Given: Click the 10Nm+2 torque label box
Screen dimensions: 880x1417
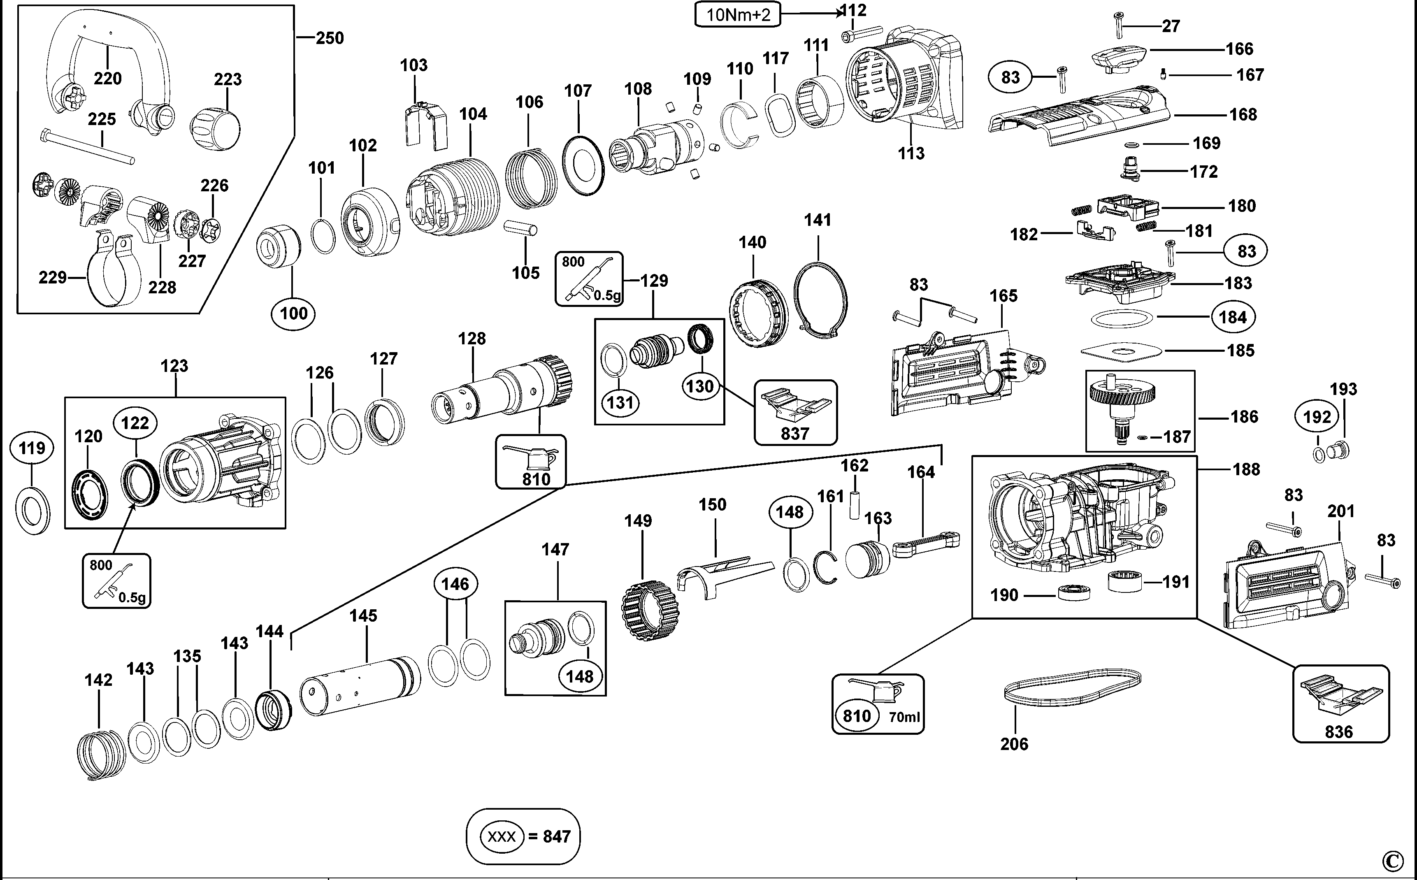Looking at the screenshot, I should (x=737, y=14).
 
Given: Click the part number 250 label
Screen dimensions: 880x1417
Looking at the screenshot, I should (x=330, y=38).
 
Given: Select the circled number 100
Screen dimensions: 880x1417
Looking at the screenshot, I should (x=293, y=314).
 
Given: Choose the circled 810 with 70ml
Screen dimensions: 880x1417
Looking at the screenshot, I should (x=857, y=715).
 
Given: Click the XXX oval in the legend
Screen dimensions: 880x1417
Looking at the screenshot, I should (x=502, y=836).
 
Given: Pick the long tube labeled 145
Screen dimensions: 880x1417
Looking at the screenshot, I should (x=360, y=687).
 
